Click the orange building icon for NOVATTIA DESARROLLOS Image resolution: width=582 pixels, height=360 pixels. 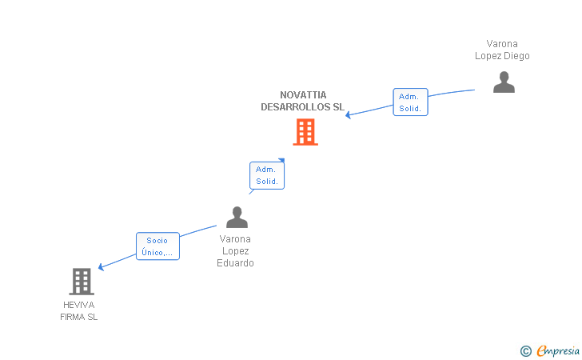305,132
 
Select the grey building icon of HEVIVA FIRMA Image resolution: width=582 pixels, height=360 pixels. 82,282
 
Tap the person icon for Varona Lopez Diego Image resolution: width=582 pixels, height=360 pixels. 504,82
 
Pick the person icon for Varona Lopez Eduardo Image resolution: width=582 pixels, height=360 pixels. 237,217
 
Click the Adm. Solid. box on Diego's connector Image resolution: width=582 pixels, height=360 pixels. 411,102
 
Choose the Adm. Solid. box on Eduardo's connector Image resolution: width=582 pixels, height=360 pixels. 266,175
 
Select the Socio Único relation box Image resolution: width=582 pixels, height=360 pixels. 157,246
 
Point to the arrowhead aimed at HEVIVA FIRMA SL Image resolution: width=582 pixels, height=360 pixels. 101,267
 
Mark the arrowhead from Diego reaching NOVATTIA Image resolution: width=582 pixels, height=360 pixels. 349,116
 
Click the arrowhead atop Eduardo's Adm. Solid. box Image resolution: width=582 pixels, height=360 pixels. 281,160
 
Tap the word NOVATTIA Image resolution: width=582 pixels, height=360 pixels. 303,95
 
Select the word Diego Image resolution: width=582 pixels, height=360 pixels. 516,56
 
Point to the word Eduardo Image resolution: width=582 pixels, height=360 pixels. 235,263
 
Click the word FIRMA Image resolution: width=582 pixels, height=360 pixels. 73,317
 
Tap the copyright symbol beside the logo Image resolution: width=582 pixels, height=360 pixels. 525,350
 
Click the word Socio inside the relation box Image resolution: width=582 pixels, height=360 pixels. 157,240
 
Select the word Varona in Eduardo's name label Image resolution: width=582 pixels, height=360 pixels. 235,239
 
